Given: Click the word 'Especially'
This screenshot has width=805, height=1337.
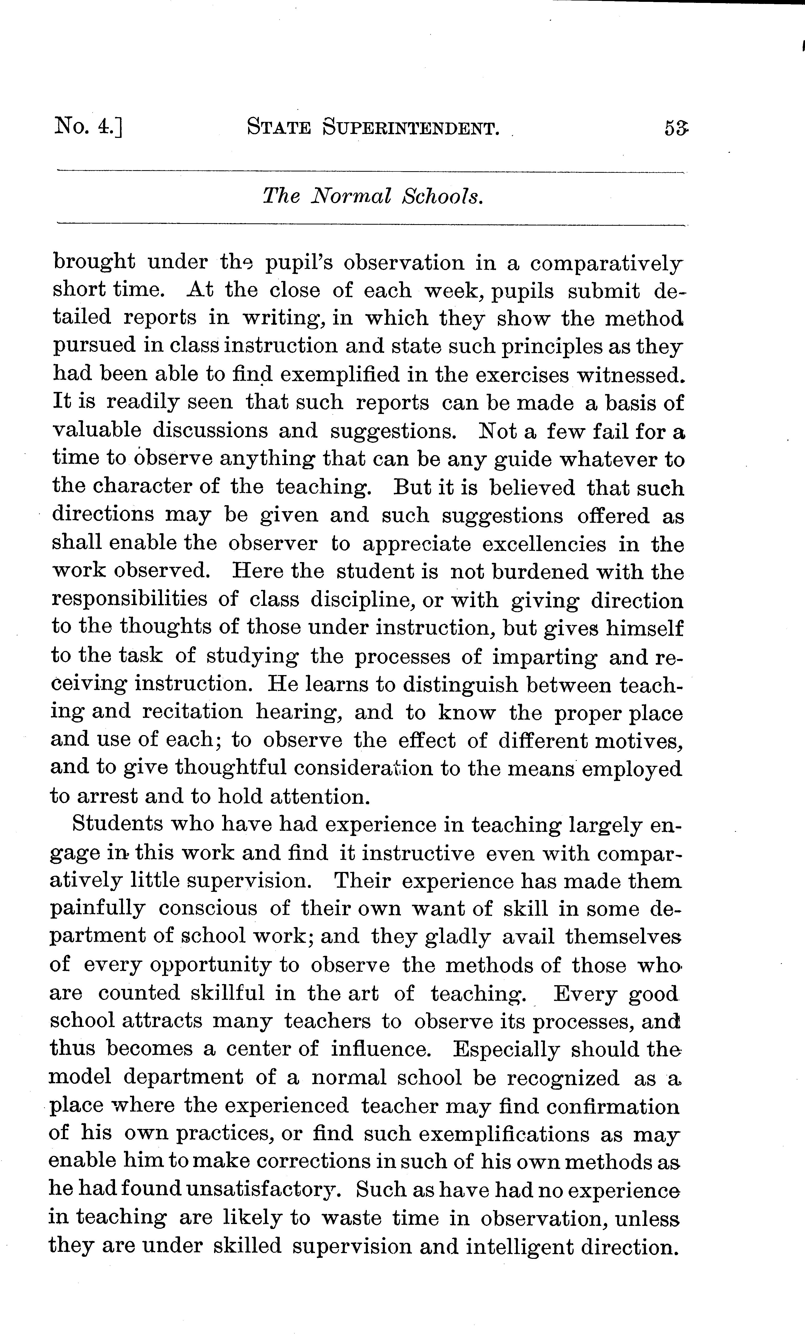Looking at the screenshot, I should pyautogui.click(x=505, y=1049).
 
